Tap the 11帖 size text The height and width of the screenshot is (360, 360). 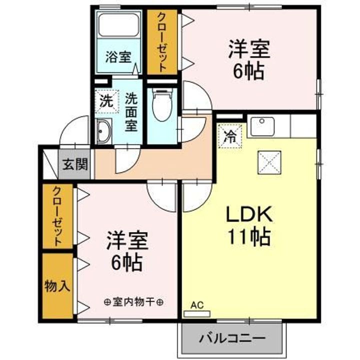[249, 236]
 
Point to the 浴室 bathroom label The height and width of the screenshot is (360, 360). [118, 56]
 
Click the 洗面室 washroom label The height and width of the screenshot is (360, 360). [131, 111]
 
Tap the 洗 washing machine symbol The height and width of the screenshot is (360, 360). [106, 101]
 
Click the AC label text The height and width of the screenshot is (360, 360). [197, 304]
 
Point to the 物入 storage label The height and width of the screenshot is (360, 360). [57, 286]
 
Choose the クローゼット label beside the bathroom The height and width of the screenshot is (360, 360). [162, 41]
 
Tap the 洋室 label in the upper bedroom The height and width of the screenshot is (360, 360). [249, 50]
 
